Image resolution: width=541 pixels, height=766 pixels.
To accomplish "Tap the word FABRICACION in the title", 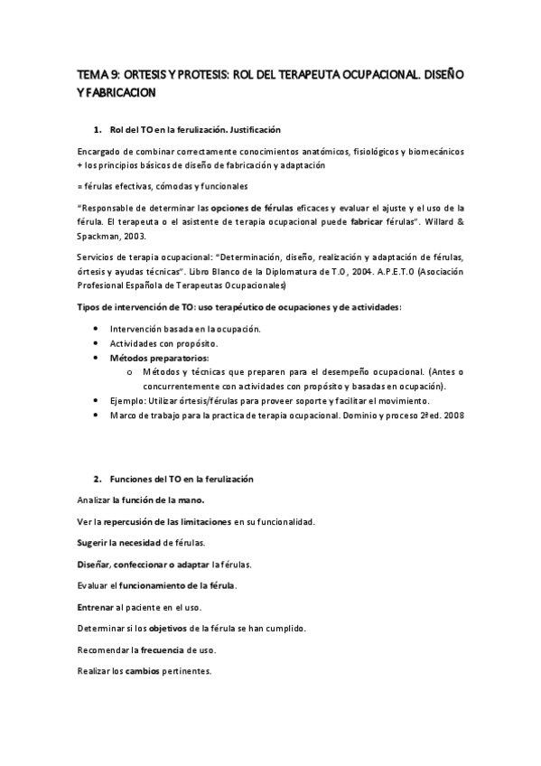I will (x=120, y=92).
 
